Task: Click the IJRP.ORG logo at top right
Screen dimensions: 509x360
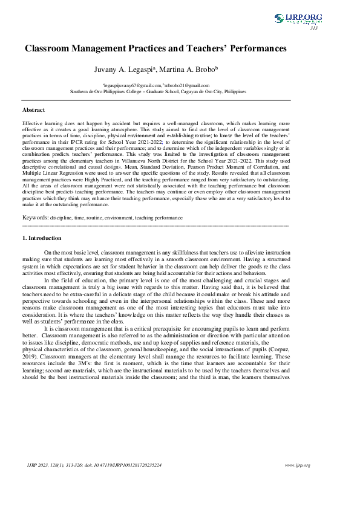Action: point(298,19)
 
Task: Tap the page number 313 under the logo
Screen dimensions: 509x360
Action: point(313,28)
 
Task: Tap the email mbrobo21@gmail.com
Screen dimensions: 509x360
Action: point(187,86)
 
